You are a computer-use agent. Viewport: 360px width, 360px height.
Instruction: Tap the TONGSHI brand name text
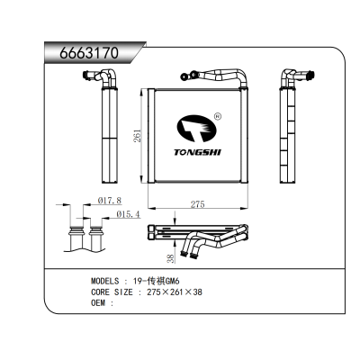pos(197,152)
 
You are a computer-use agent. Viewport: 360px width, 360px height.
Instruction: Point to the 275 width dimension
pos(198,204)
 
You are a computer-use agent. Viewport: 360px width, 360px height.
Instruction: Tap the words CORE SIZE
pos(112,292)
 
